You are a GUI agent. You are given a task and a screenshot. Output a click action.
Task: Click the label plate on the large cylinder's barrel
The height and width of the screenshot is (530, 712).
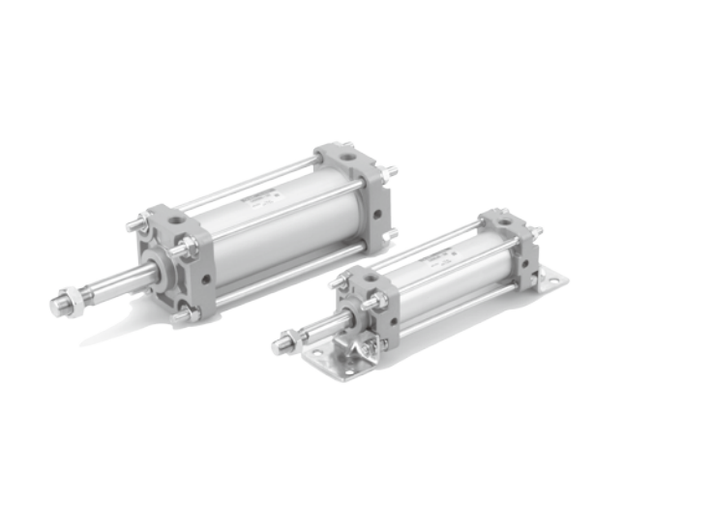262,199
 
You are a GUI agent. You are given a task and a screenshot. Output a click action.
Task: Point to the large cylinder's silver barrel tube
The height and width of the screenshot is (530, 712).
281,232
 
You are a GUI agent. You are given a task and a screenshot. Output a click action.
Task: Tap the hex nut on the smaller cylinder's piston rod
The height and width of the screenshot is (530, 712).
289,340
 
